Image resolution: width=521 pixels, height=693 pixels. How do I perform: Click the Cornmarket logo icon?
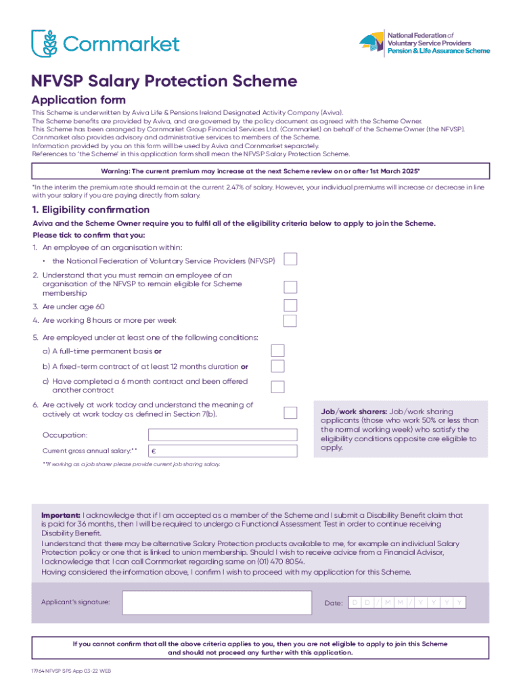tap(45, 43)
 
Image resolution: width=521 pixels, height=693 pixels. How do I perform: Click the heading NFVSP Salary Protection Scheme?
tap(164, 81)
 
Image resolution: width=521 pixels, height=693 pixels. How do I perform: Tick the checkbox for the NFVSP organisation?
tap(290, 260)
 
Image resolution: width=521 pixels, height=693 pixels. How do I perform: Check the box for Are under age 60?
tap(290, 305)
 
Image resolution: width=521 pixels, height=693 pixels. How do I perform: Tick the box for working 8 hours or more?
tap(290, 321)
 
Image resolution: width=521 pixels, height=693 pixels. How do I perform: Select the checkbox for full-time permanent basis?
tap(277, 351)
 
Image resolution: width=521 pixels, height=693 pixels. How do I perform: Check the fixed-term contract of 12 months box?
tap(277, 366)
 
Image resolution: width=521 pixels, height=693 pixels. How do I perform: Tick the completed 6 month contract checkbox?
tap(277, 386)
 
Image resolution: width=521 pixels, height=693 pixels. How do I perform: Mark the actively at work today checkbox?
tap(290, 412)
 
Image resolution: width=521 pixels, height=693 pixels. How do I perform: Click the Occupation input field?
tap(223, 435)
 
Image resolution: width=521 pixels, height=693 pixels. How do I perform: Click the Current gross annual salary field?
tap(223, 451)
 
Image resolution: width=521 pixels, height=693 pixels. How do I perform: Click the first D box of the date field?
tap(356, 602)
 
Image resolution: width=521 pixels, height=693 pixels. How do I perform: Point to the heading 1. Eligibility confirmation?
tap(91, 210)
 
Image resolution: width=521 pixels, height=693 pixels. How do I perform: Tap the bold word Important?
tap(61, 515)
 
